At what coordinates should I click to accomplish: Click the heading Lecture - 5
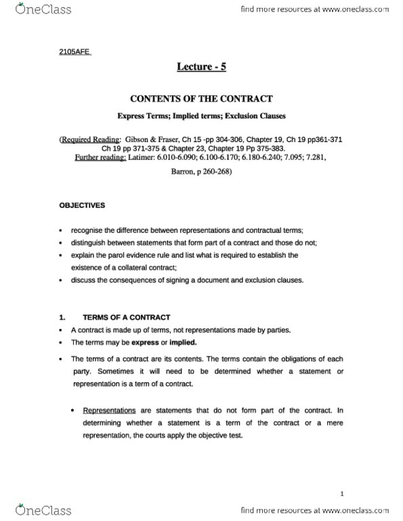(201, 67)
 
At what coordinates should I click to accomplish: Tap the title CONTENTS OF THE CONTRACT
(201, 98)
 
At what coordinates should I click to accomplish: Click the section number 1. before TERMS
(62, 317)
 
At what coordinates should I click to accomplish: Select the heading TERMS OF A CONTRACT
(127, 317)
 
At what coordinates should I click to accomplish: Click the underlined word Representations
(108, 411)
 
